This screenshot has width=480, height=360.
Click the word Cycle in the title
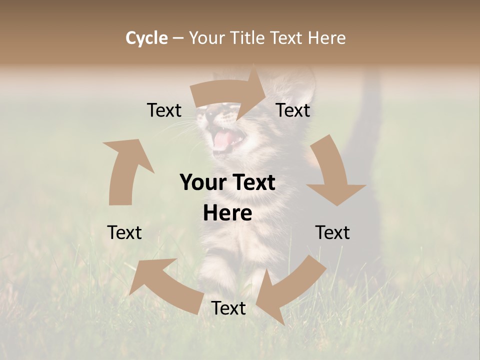point(146,38)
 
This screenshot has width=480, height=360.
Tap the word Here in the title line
point(324,38)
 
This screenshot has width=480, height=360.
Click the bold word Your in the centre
point(203,182)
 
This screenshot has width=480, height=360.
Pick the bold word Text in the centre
point(253,182)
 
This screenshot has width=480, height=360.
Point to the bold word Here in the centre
point(227,213)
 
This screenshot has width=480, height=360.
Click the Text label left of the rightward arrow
point(164,110)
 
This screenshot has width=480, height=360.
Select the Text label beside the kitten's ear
point(293,110)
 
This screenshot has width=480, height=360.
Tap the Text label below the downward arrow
point(332,232)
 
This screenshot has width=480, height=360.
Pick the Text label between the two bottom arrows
point(228,308)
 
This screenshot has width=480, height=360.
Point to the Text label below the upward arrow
point(124,232)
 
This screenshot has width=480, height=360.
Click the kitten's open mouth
point(223,140)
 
